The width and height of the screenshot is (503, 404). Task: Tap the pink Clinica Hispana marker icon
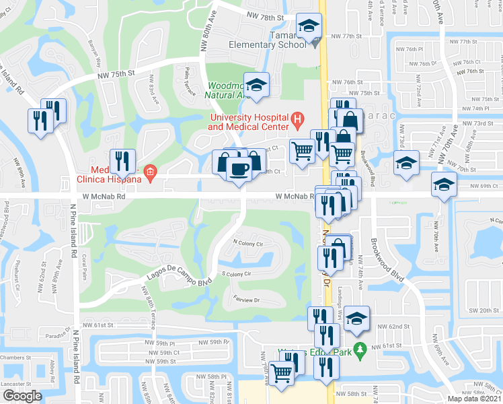pyautogui.click(x=151, y=175)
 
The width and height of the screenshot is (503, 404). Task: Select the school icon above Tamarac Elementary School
pyautogui.click(x=310, y=27)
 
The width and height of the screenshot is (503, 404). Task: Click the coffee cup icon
pyautogui.click(x=239, y=168)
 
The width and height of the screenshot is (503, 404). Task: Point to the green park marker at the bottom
pyautogui.click(x=360, y=349)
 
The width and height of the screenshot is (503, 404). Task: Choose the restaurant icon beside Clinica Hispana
pyautogui.click(x=122, y=160)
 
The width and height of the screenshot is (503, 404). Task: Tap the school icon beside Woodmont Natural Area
pyautogui.click(x=256, y=86)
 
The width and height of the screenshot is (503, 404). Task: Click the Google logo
pyautogui.click(x=22, y=395)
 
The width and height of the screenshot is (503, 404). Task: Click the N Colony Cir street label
pyautogui.click(x=247, y=242)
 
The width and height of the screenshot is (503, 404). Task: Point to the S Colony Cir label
pyautogui.click(x=236, y=274)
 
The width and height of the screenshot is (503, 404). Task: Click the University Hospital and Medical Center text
pyautogui.click(x=248, y=123)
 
